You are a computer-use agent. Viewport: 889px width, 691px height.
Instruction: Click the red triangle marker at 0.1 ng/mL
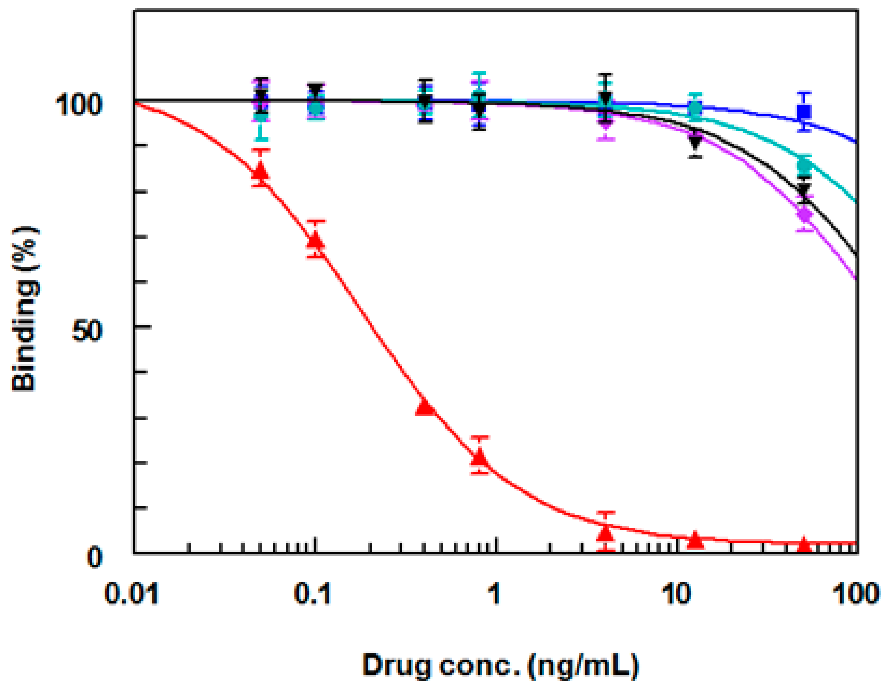pos(316,240)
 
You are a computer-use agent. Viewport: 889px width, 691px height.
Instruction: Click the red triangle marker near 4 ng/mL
pos(606,532)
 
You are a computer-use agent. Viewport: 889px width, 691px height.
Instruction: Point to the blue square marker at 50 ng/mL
pos(804,111)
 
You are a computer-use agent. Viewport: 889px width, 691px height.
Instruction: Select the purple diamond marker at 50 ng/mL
pos(804,214)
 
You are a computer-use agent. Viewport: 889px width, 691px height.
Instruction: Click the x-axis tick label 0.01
pos(131,594)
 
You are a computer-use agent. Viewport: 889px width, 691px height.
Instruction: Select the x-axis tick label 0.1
pos(312,594)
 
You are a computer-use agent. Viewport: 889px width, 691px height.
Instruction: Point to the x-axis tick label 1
pos(494,594)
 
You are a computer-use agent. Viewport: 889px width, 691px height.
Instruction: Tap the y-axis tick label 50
pos(86,332)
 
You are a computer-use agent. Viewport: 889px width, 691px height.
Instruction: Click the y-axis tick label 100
pos(78,105)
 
